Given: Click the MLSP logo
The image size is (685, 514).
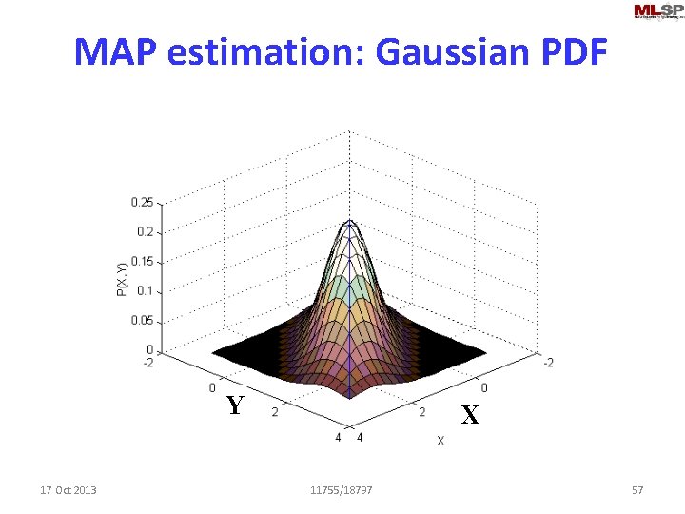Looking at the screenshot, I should (x=657, y=11).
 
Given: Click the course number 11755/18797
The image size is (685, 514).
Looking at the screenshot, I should (x=342, y=490).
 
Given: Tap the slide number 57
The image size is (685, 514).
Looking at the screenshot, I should (x=637, y=490).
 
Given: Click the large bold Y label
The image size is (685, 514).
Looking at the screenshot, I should (x=236, y=406).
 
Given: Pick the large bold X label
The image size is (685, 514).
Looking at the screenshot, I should (x=470, y=415).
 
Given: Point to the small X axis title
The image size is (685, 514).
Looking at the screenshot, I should (x=440, y=441).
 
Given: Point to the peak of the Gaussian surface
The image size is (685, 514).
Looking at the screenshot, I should (x=350, y=223).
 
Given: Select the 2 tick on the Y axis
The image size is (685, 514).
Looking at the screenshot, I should (x=276, y=411).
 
